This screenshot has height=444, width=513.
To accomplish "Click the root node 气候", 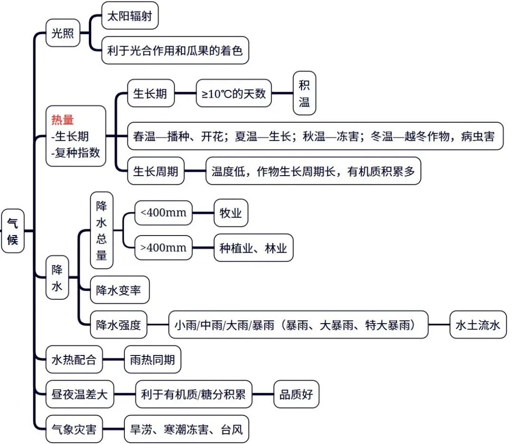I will point(12,231).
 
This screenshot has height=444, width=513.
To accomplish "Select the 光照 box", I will point(63,33).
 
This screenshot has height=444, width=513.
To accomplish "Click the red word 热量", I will point(63,120).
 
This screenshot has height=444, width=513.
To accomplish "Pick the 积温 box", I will point(304,93).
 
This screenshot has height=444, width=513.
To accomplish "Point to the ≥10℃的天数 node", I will point(234,93).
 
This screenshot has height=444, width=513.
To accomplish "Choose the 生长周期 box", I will point(155,171).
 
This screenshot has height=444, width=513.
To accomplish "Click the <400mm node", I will point(164,213).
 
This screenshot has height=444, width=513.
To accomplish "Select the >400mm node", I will point(164,247).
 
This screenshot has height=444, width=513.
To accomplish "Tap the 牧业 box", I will point(231,213).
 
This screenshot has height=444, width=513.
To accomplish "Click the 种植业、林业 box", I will point(253,247).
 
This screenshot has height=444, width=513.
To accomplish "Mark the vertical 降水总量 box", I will point(102,230).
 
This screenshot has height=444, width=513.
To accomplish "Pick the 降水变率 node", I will point(119,290).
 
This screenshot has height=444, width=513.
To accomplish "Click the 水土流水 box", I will point(478,325).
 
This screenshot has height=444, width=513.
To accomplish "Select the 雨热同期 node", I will point(152,360).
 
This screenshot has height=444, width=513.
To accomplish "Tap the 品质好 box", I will point(296,395).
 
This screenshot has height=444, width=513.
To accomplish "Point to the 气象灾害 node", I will point(74,430).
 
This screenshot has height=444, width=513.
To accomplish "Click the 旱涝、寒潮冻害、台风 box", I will point(186,430).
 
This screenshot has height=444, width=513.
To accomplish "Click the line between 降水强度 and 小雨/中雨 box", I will point(158,325).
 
